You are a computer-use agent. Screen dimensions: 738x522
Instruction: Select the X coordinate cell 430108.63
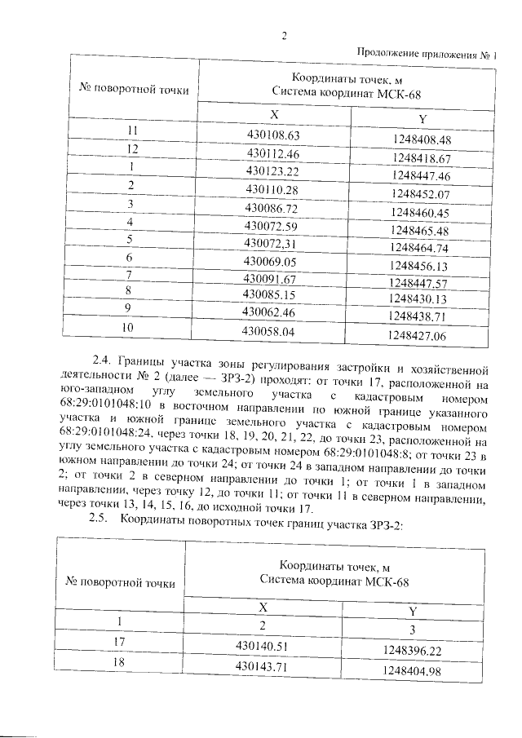tap(273, 135)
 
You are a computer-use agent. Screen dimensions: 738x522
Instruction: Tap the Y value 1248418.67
tap(421, 158)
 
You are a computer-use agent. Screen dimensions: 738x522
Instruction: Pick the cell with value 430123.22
tap(273, 171)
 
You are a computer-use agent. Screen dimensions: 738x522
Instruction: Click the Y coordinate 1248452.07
tap(421, 195)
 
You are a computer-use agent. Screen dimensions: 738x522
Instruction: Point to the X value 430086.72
tap(273, 208)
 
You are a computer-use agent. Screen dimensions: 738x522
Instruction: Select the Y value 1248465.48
tap(421, 231)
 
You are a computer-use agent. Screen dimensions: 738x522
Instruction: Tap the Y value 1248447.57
tap(421, 283)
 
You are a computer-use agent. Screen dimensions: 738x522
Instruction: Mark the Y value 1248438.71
tap(421, 316)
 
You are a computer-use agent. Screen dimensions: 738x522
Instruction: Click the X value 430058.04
tap(273, 332)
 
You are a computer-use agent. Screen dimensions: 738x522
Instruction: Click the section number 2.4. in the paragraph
tap(102, 360)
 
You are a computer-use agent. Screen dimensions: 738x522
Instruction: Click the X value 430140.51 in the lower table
tap(263, 646)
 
